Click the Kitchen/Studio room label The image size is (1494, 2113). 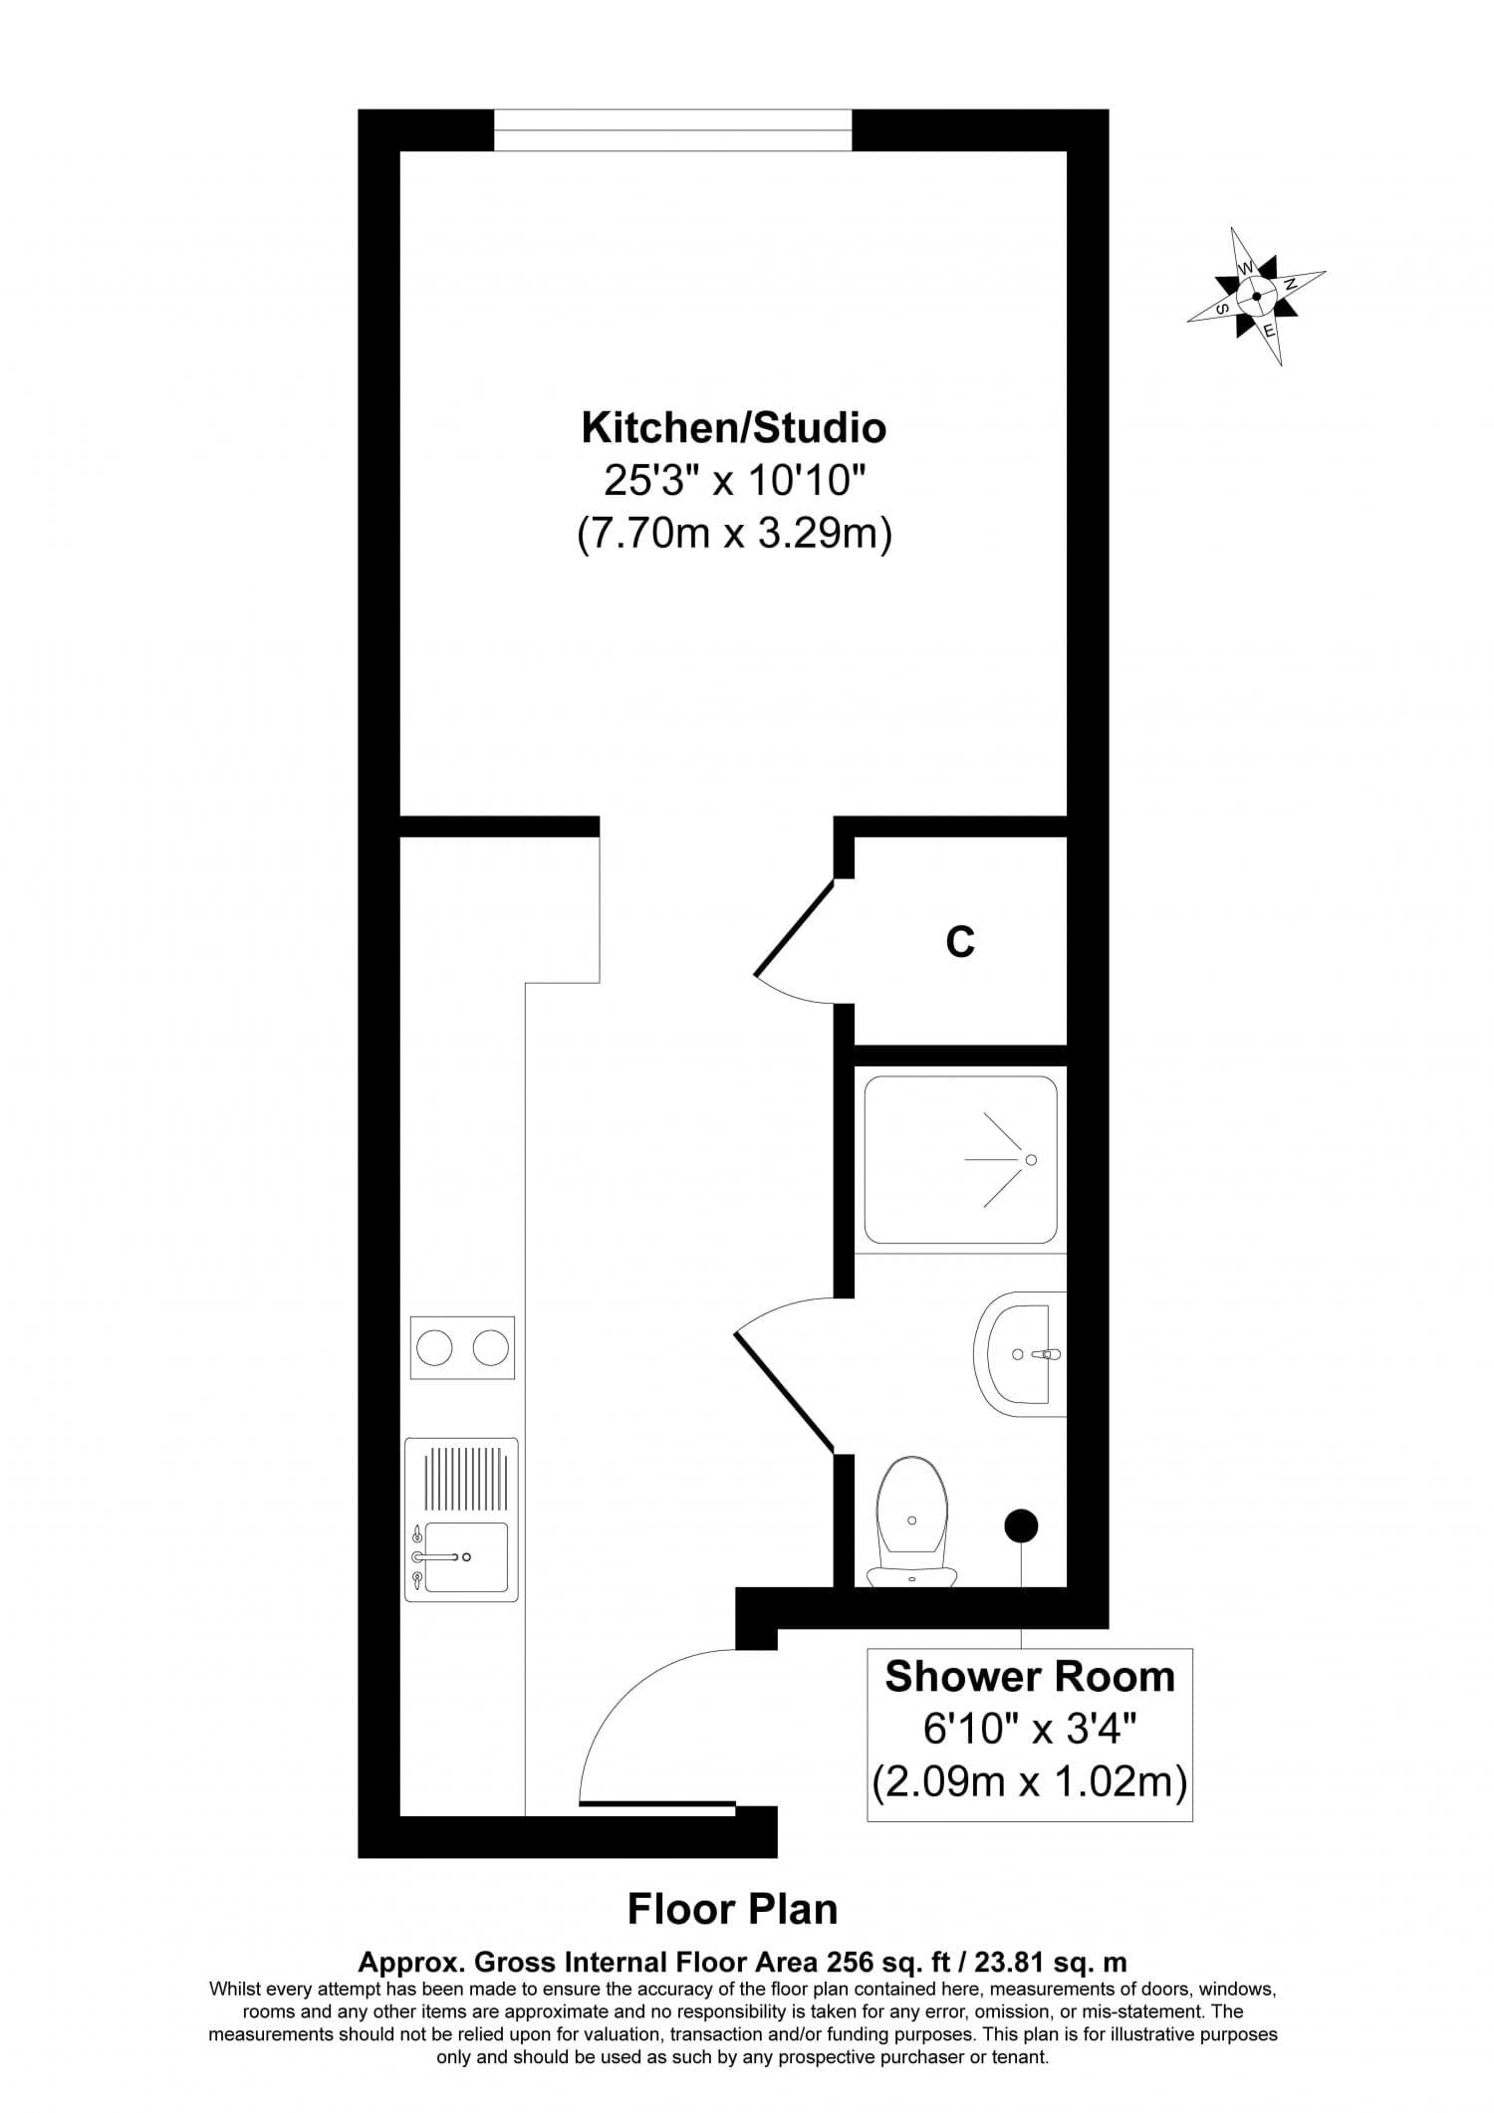click(x=733, y=428)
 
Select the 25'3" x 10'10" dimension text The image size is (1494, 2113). click(x=733, y=482)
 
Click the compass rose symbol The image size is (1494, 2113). click(x=1256, y=296)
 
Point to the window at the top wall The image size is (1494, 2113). click(x=672, y=130)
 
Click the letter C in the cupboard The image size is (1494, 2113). click(x=959, y=941)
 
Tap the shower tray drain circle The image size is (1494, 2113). click(x=1031, y=1160)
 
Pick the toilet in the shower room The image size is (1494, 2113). click(x=911, y=1524)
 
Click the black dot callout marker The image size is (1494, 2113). click(x=1021, y=1525)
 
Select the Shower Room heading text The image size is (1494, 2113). click(x=1029, y=1677)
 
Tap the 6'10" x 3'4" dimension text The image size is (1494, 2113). click(x=1029, y=1730)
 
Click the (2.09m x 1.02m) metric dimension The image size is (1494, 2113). click(x=1029, y=1782)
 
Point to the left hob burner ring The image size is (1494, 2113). click(x=435, y=1349)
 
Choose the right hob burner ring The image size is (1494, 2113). click(x=490, y=1349)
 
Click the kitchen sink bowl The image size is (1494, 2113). click(x=466, y=1557)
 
